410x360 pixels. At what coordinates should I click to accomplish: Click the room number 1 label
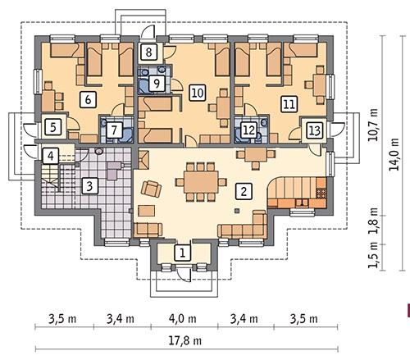(183, 252)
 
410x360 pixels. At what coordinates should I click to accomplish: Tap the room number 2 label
(243, 192)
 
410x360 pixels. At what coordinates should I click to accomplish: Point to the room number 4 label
(51, 156)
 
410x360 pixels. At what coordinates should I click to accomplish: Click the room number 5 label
(51, 127)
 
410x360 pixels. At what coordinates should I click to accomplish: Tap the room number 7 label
(115, 130)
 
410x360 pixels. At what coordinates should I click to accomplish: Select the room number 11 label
(288, 104)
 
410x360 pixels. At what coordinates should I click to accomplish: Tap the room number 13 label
(313, 130)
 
